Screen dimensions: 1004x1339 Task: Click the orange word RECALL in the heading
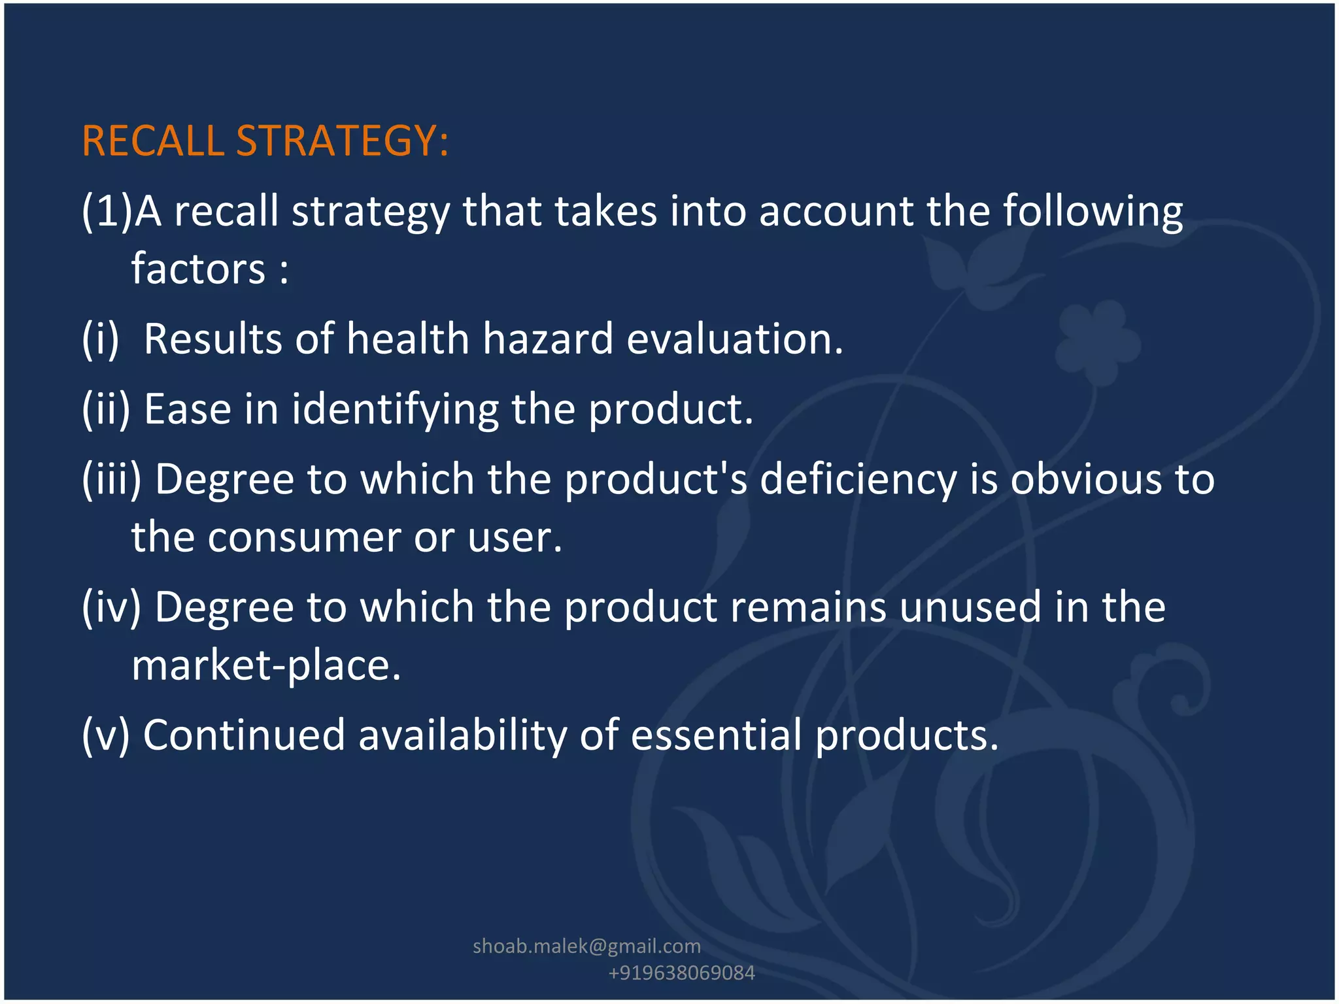point(153,141)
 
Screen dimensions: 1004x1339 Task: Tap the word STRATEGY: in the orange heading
point(342,141)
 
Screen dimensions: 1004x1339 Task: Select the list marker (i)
point(101,339)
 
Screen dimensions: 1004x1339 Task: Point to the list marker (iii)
point(112,479)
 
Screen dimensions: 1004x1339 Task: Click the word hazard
point(548,339)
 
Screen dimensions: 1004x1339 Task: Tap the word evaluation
point(735,339)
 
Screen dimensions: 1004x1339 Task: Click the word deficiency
point(858,479)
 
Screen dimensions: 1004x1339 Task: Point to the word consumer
point(304,537)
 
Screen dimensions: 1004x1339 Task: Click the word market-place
point(266,665)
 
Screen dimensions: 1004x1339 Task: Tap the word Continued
point(244,735)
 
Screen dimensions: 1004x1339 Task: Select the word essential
point(716,735)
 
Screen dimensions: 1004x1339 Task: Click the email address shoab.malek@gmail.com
point(586,946)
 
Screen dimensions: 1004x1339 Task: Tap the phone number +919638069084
point(681,973)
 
